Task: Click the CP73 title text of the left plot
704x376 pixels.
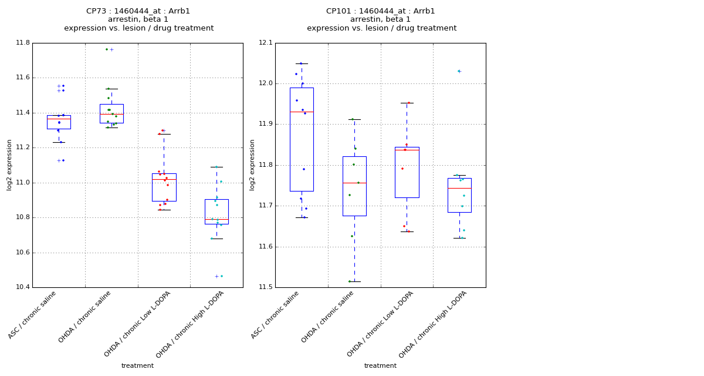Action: point(138,11)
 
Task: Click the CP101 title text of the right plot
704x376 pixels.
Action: point(381,11)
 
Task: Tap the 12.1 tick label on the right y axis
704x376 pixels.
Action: point(265,43)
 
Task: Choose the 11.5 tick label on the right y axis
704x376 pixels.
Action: point(265,287)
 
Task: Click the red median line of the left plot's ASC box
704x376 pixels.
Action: point(59,119)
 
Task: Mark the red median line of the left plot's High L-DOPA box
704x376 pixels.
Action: point(216,220)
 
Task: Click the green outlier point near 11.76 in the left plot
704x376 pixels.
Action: point(107,49)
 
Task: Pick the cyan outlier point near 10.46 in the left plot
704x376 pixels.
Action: point(221,276)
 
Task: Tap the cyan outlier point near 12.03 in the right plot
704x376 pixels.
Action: point(459,71)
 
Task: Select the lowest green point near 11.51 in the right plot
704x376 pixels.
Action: point(350,281)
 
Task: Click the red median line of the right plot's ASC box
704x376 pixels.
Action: point(302,112)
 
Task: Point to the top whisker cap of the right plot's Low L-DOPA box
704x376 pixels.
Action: point(407,103)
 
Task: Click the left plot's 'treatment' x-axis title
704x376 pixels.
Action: point(137,366)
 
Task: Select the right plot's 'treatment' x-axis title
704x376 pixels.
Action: point(380,366)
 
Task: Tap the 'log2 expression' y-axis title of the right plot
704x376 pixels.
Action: point(252,165)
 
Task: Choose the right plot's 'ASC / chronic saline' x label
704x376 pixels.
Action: point(276,315)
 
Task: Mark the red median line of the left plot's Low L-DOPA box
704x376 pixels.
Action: point(164,179)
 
